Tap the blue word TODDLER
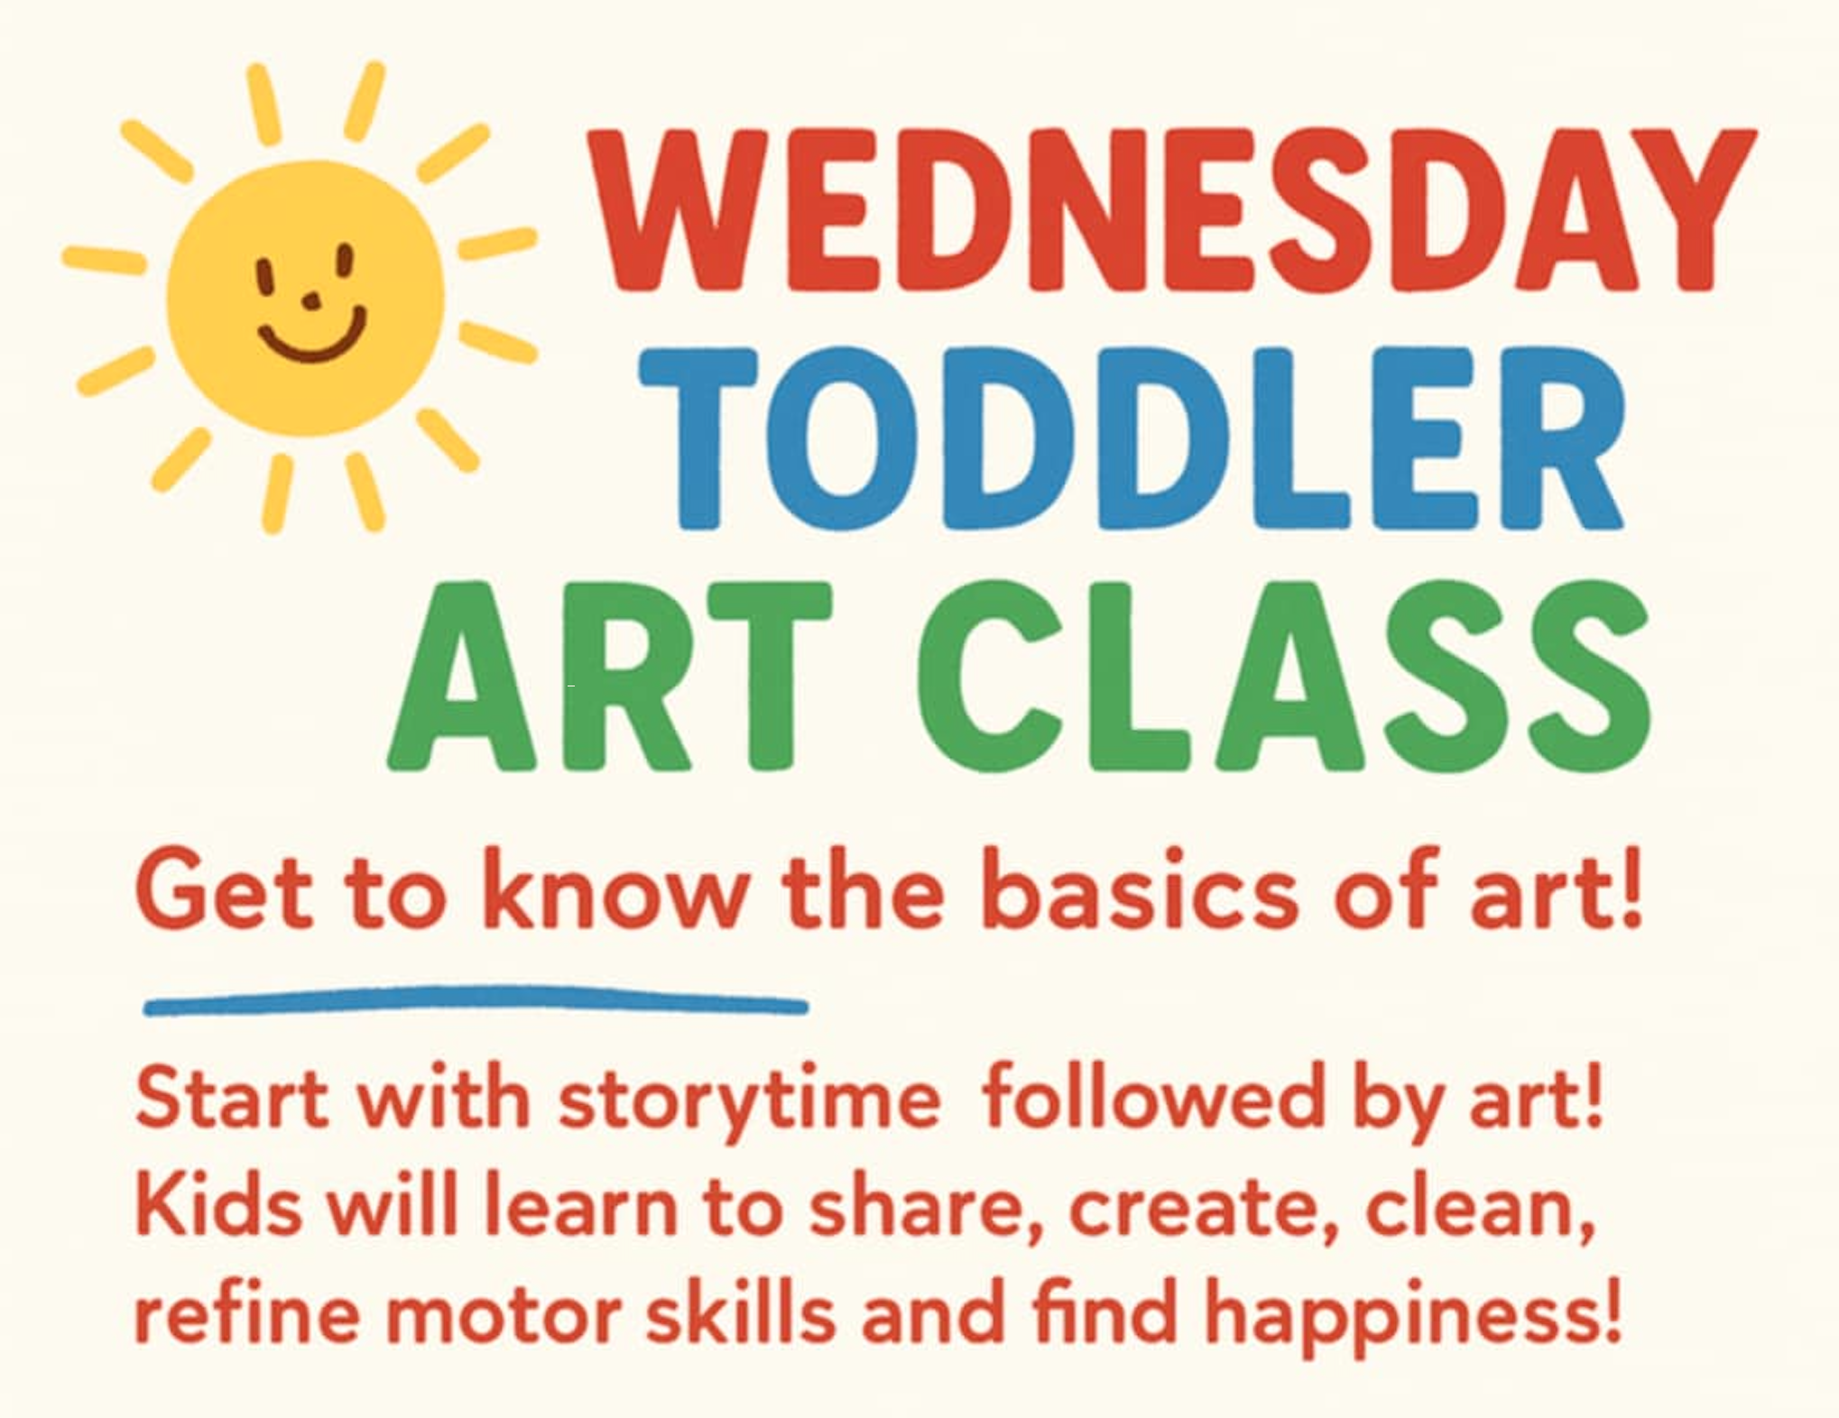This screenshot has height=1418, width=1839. click(x=1132, y=439)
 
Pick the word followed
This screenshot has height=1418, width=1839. click(x=1153, y=1100)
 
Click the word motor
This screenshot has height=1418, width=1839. click(x=506, y=1313)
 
